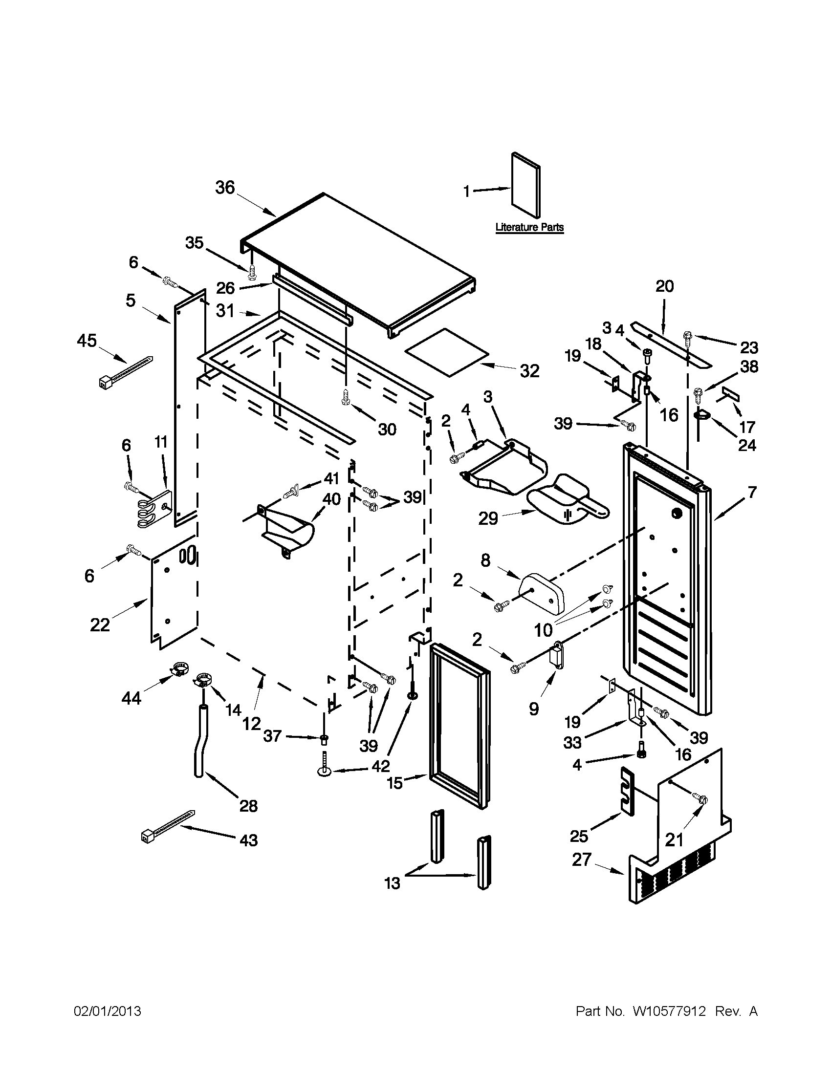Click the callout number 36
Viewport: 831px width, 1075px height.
(225, 188)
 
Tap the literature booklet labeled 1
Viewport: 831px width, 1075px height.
(525, 186)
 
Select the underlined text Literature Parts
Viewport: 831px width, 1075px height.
(529, 227)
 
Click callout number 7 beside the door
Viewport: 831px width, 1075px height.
(752, 492)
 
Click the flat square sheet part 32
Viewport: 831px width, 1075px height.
(446, 350)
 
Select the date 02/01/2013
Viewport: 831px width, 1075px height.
(108, 1011)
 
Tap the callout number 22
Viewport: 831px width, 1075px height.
(100, 624)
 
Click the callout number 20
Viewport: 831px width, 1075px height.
(665, 286)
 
